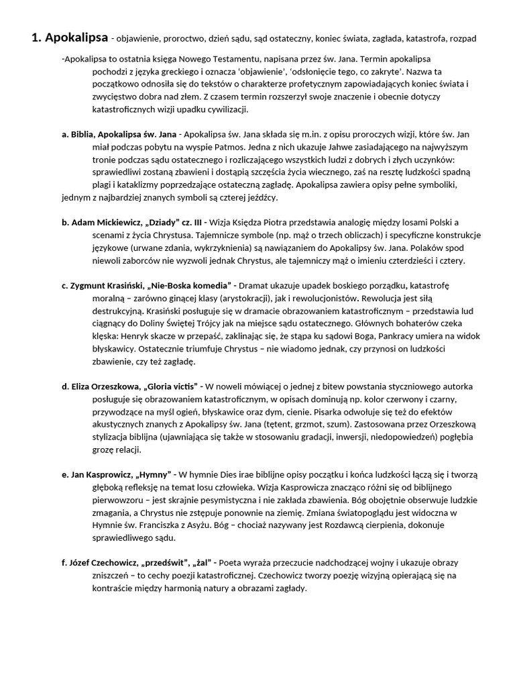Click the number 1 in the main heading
[36, 38]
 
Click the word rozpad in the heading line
[463, 39]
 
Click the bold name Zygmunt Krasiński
[107, 285]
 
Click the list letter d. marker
[65, 386]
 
